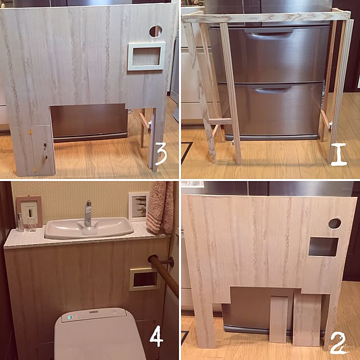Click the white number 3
point(161,154)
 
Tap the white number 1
point(339,154)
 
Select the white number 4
point(156,336)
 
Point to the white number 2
point(338,343)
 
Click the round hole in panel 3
point(156,31)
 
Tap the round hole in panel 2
point(335,223)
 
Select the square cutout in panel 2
point(323,247)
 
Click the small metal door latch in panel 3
point(45,151)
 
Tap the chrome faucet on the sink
point(88,214)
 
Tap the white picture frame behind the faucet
point(138,206)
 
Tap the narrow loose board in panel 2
point(278,319)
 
